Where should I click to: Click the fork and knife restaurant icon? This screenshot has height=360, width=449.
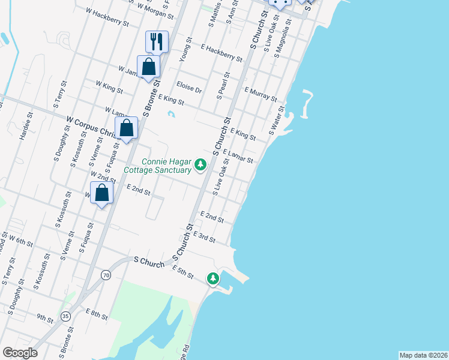click(x=157, y=41)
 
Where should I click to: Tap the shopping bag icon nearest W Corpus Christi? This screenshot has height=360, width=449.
click(x=126, y=128)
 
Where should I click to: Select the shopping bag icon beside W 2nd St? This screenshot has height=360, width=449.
click(x=102, y=193)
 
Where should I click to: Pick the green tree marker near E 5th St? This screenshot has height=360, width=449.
click(x=213, y=278)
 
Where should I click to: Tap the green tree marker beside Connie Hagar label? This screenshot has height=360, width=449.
click(x=200, y=164)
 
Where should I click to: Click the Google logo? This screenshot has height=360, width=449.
click(x=19, y=353)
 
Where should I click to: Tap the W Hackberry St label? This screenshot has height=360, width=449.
click(x=107, y=17)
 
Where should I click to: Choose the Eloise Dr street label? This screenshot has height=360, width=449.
click(x=188, y=88)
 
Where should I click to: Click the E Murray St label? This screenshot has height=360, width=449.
click(x=261, y=94)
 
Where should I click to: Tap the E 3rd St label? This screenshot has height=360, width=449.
click(x=204, y=238)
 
